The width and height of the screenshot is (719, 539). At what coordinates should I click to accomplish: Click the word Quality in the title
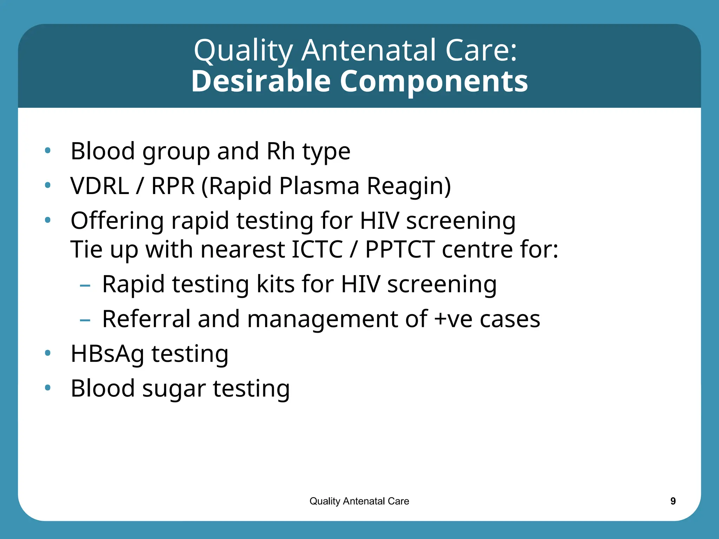tap(243, 51)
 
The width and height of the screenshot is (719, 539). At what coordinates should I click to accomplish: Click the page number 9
tap(673, 501)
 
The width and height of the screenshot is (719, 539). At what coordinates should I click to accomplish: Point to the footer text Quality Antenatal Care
tap(359, 501)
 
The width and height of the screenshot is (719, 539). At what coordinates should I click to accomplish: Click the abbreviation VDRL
tap(99, 186)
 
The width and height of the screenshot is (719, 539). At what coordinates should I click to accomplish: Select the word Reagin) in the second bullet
tap(409, 186)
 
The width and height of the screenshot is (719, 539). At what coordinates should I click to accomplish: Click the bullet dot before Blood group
tap(48, 151)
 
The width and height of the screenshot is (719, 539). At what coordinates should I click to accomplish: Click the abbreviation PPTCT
tap(400, 249)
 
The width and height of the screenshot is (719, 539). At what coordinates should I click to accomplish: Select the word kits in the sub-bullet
tap(275, 284)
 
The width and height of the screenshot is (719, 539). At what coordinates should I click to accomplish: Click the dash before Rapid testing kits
tap(85, 286)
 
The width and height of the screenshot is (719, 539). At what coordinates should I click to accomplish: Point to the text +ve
tap(453, 319)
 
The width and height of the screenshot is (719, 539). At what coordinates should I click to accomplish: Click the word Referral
tap(146, 319)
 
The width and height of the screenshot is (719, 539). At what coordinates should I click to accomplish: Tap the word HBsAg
tap(107, 354)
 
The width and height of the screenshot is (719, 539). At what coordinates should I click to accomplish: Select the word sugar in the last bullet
tap(174, 389)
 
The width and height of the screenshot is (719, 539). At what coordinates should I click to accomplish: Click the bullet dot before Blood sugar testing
tap(48, 388)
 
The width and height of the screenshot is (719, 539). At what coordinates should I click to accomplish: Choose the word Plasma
tap(319, 186)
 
